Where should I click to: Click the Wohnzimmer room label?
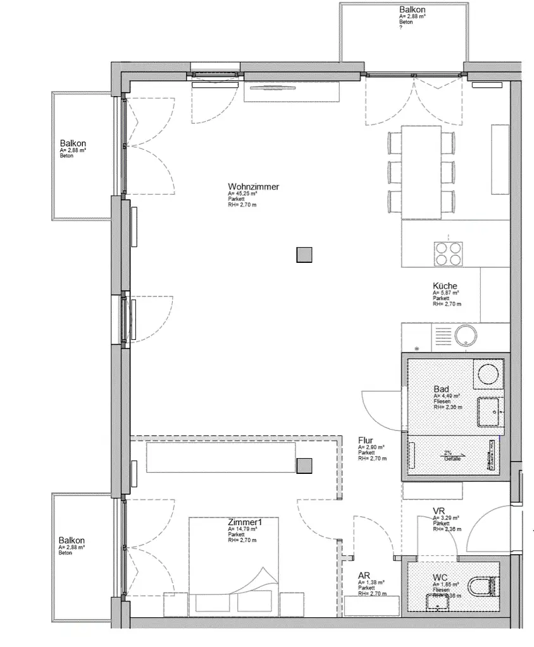click(253, 186)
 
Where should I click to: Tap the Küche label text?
click(445, 286)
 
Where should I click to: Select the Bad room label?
click(441, 389)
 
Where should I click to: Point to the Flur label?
click(365, 440)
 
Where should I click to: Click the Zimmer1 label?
click(244, 523)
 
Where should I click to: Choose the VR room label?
click(439, 511)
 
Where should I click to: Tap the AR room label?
click(364, 576)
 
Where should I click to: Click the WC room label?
click(441, 577)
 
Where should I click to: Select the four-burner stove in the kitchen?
click(448, 254)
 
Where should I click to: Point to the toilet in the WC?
click(485, 587)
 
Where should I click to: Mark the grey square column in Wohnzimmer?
click(305, 255)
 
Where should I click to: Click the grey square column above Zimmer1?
click(305, 466)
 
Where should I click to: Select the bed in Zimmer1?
click(234, 565)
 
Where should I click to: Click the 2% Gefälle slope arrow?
click(454, 455)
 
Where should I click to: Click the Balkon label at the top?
click(412, 9)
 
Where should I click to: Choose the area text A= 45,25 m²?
click(244, 193)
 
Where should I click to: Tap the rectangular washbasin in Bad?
click(489, 412)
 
